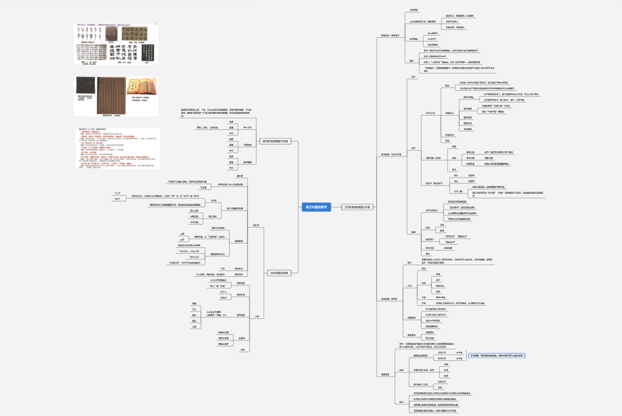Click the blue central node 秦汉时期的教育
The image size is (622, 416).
(317, 207)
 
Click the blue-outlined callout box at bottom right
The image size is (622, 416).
(496, 356)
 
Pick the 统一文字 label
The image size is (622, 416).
(247, 127)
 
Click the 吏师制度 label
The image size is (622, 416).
(247, 162)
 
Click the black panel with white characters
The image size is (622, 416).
(134, 33)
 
